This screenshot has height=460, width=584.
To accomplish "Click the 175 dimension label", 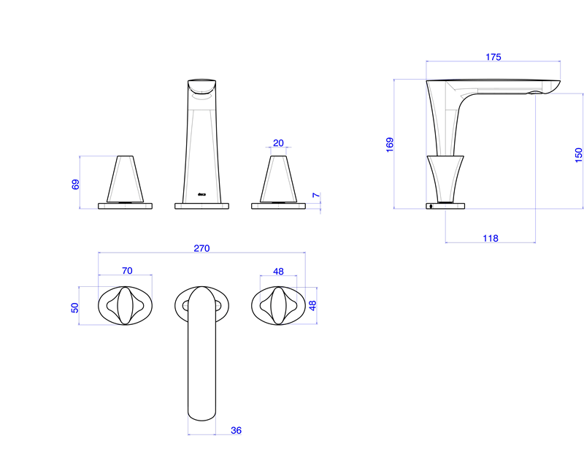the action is [493, 57].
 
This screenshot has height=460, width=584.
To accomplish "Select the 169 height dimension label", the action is [390, 145].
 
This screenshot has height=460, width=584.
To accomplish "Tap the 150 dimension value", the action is [578, 155].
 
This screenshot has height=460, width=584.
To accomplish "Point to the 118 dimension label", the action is [491, 238].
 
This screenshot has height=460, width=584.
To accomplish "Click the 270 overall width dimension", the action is [201, 248].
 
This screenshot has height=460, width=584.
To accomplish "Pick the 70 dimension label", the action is [127, 270].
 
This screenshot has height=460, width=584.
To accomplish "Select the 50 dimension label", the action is [75, 307].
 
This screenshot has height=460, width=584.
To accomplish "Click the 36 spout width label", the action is [236, 430].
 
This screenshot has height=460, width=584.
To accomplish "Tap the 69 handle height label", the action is [75, 185].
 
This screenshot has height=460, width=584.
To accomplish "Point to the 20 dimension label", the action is [278, 143].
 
